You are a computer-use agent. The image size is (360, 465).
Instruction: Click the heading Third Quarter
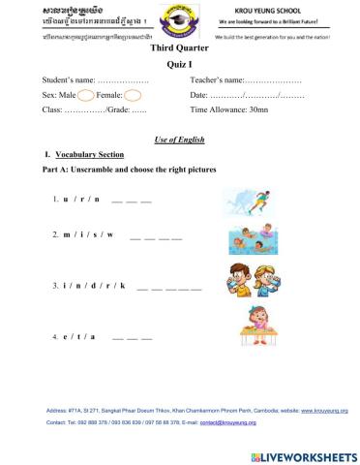tap(180, 46)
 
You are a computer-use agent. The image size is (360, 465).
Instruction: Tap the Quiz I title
tap(180, 61)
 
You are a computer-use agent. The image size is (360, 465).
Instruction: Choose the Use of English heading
tap(180, 139)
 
